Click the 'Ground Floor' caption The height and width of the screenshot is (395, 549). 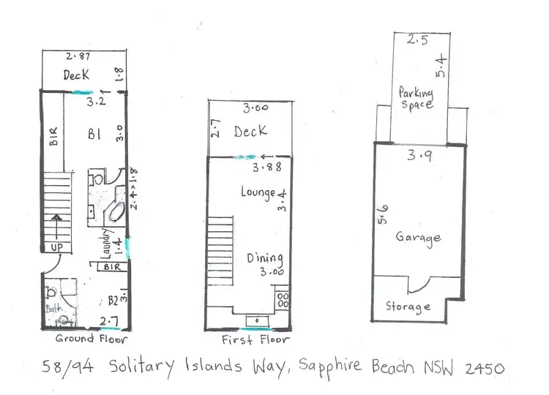coord(92,339)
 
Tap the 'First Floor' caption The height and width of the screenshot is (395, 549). coord(255,340)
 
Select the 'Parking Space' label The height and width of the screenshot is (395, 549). coord(416,98)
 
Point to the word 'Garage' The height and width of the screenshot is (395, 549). coord(418,238)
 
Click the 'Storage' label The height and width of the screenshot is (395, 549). coord(408,306)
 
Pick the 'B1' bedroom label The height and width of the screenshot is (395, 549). coord(94,135)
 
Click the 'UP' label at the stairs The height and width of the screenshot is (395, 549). coord(56,248)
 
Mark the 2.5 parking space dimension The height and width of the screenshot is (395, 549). coord(417,42)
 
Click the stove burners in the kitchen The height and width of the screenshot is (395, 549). coord(282,300)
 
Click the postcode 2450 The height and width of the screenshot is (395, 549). coord(481,369)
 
